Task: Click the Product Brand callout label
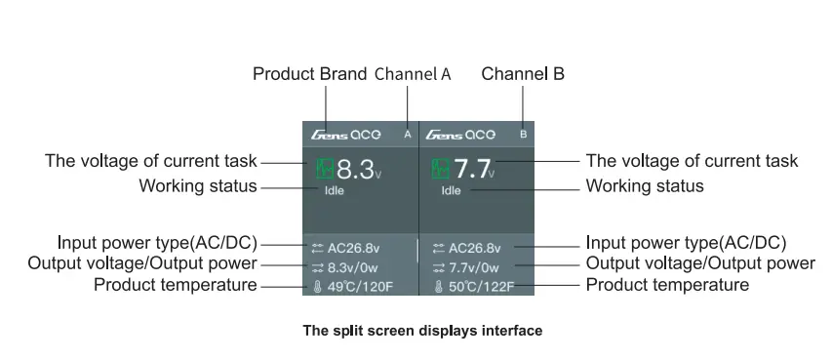[x=309, y=74]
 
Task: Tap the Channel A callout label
[x=413, y=74]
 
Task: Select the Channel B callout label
[x=523, y=74]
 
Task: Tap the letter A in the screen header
[x=408, y=135]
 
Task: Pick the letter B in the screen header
[x=523, y=135]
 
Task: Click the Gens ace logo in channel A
[x=345, y=135]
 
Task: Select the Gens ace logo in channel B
[x=460, y=135]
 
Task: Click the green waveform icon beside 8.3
[x=325, y=169]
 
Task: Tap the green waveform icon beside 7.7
[x=441, y=169]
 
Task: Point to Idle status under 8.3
[x=335, y=190]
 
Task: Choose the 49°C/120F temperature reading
[x=360, y=288]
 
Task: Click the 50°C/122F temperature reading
[x=482, y=288]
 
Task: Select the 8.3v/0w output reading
[x=353, y=267]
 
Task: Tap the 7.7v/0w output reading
[x=474, y=267]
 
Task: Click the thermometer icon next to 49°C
[x=317, y=288]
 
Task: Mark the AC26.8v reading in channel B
[x=474, y=248]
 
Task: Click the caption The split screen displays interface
[x=422, y=331]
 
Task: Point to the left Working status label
[x=198, y=185]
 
